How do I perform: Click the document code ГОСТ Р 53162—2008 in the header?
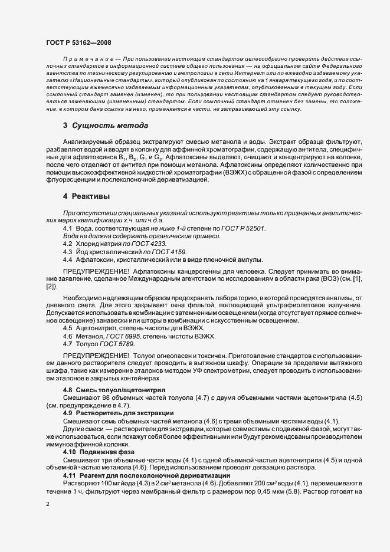pos(78,42)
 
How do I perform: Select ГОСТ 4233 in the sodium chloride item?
pos(150,244)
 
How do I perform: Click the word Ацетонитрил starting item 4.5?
pos(95,327)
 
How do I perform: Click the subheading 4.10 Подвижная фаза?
pos(93,452)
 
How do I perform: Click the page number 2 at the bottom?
pos(48,505)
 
